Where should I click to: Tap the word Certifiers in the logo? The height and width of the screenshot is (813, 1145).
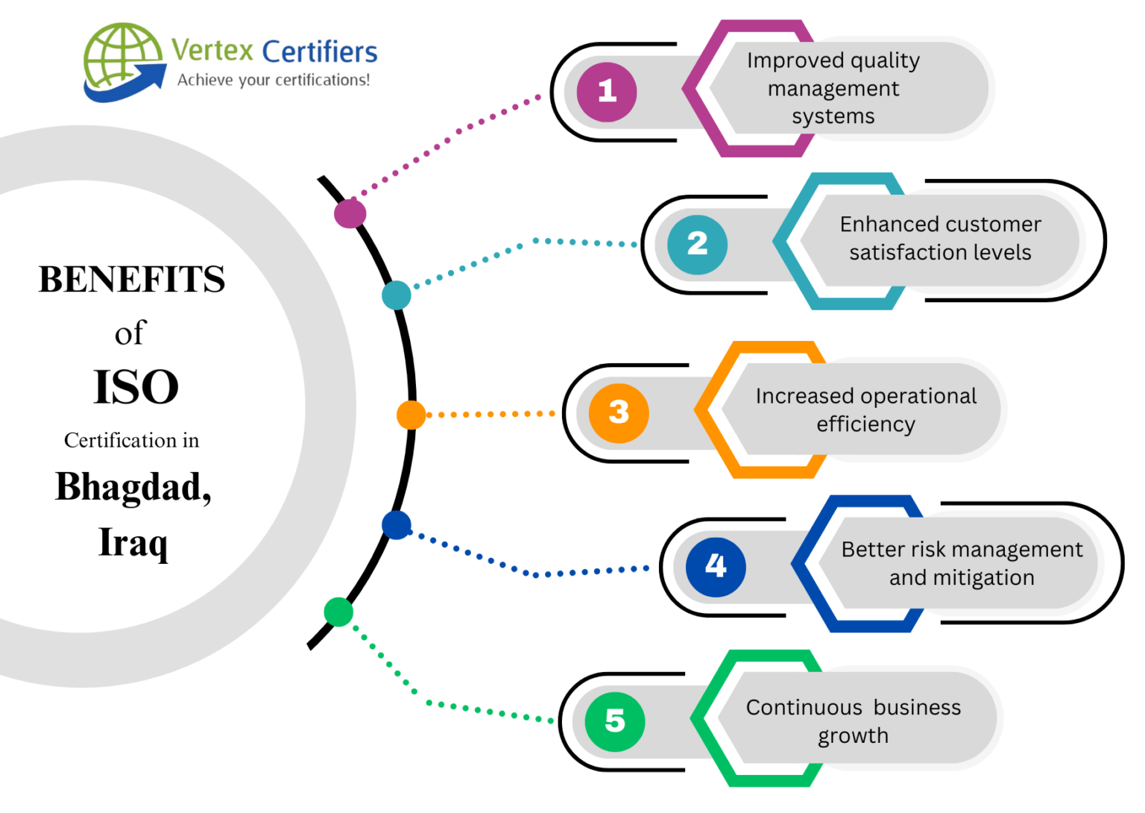click(x=320, y=52)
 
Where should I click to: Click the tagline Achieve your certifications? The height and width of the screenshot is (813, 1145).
click(x=274, y=80)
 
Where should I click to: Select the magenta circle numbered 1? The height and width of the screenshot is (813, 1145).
click(x=607, y=92)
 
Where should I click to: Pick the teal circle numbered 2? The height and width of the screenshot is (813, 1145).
click(x=697, y=244)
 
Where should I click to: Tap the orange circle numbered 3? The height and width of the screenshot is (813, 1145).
click(x=619, y=412)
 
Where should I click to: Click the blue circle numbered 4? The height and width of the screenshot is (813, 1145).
click(x=716, y=566)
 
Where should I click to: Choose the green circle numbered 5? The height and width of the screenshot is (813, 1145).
click(x=615, y=721)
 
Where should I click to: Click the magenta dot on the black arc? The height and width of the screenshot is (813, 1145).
click(x=350, y=213)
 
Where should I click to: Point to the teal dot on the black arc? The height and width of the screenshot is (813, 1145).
click(x=397, y=295)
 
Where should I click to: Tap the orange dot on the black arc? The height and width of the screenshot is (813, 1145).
click(x=411, y=415)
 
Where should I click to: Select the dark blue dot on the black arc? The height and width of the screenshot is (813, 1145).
click(x=397, y=525)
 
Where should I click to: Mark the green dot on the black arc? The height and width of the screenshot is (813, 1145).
click(x=338, y=612)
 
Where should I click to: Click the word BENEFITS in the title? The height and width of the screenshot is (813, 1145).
click(x=132, y=280)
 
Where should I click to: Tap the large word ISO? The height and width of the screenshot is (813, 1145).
click(x=136, y=387)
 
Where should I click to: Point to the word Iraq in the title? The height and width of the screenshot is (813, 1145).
click(x=133, y=542)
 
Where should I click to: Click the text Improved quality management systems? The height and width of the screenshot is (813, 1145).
click(x=833, y=88)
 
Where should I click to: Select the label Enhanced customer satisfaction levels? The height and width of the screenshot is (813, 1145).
click(x=940, y=238)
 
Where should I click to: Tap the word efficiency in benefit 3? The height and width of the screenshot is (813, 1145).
click(x=865, y=424)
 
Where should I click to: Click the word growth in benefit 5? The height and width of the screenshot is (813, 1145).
click(x=853, y=736)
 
